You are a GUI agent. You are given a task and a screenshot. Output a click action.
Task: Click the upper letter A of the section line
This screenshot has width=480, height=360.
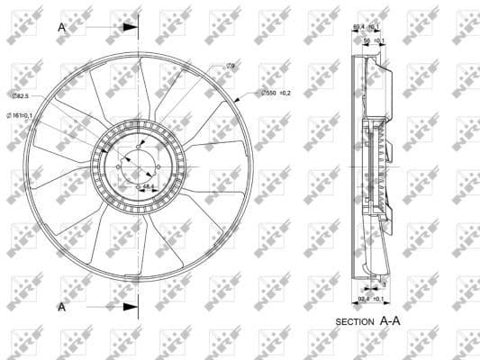[x=62, y=27]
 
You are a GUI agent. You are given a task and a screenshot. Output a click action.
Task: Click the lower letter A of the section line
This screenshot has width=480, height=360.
[x=62, y=307]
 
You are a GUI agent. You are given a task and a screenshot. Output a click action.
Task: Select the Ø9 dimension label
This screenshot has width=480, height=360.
[x=231, y=66]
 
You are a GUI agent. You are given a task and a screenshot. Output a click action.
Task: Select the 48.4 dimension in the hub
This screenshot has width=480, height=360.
[x=149, y=187]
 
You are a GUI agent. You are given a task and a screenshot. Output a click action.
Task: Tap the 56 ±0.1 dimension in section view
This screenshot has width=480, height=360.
[x=374, y=40]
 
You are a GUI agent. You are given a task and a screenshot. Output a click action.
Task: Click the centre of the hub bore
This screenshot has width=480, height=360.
[x=139, y=167]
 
